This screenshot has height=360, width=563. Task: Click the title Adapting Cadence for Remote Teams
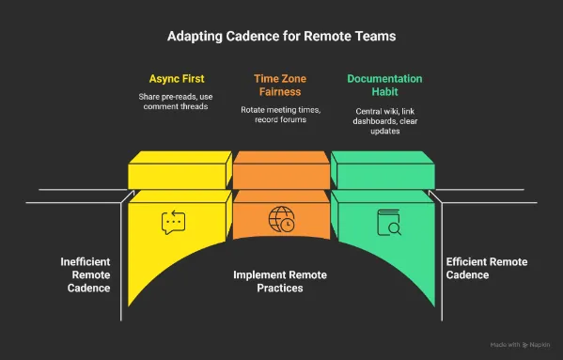click(x=281, y=38)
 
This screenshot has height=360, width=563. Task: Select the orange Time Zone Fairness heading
click(x=281, y=86)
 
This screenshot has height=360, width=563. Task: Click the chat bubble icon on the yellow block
click(x=174, y=222)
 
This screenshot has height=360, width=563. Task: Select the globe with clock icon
click(x=281, y=220)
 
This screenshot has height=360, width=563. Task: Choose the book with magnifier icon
click(x=388, y=222)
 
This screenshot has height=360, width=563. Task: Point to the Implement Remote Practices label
click(x=281, y=282)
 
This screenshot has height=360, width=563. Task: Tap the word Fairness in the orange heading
click(x=281, y=93)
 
